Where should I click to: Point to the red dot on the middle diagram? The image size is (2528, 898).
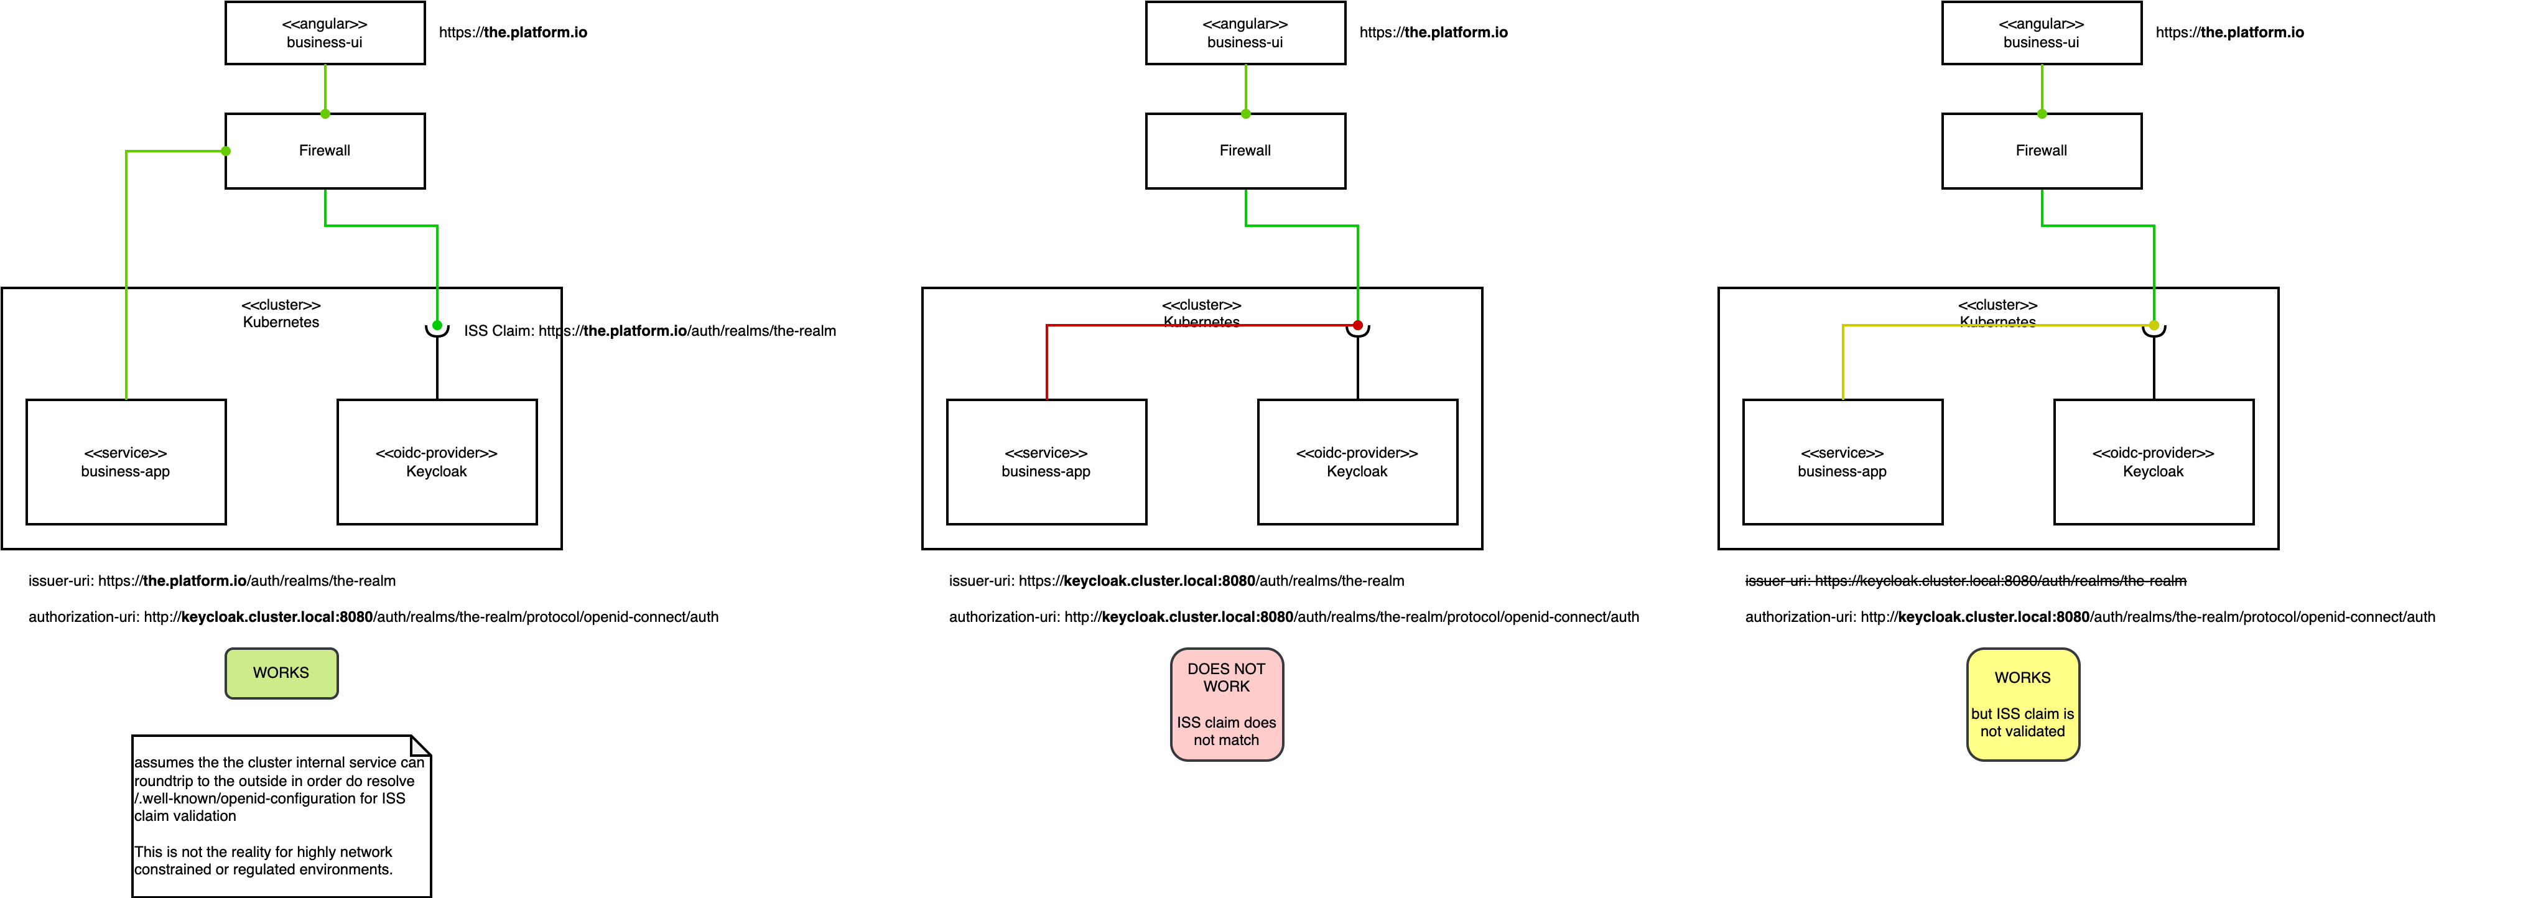(1357, 325)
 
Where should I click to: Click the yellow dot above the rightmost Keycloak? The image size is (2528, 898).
(2153, 325)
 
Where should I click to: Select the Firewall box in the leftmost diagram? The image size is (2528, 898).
(325, 150)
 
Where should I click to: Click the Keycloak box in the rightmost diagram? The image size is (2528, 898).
(2153, 461)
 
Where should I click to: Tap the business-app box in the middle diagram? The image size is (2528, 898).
(1046, 461)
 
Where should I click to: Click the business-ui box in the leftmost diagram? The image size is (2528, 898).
(325, 32)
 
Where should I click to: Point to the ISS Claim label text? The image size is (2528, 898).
(649, 331)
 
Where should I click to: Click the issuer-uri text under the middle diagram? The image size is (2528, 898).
(1176, 581)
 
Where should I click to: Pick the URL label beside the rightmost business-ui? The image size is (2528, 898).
(2229, 32)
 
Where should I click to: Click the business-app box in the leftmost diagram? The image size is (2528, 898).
(126, 461)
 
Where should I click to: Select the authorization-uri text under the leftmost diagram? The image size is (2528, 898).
(373, 618)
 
